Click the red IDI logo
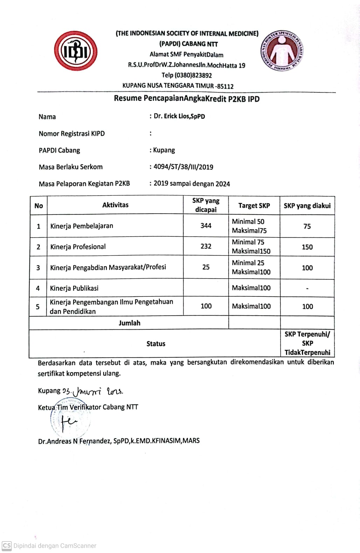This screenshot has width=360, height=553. (76, 51)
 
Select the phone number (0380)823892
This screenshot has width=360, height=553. (187, 75)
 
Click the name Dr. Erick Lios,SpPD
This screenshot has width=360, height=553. (179, 116)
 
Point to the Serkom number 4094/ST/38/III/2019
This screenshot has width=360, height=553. (183, 167)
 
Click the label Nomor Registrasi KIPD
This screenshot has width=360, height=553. (72, 133)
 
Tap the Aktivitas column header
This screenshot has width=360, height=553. (115, 205)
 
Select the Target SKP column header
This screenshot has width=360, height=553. (254, 205)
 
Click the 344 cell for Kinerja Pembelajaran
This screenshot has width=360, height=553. (206, 226)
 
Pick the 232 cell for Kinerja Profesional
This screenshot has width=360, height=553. (206, 246)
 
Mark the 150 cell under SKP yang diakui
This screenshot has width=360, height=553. (307, 247)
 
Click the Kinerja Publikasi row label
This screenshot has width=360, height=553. (74, 288)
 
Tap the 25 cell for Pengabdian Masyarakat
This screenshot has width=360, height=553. (206, 267)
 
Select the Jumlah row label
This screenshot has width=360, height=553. (129, 323)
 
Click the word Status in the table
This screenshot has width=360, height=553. (156, 344)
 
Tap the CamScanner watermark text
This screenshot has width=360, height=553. (55, 546)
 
